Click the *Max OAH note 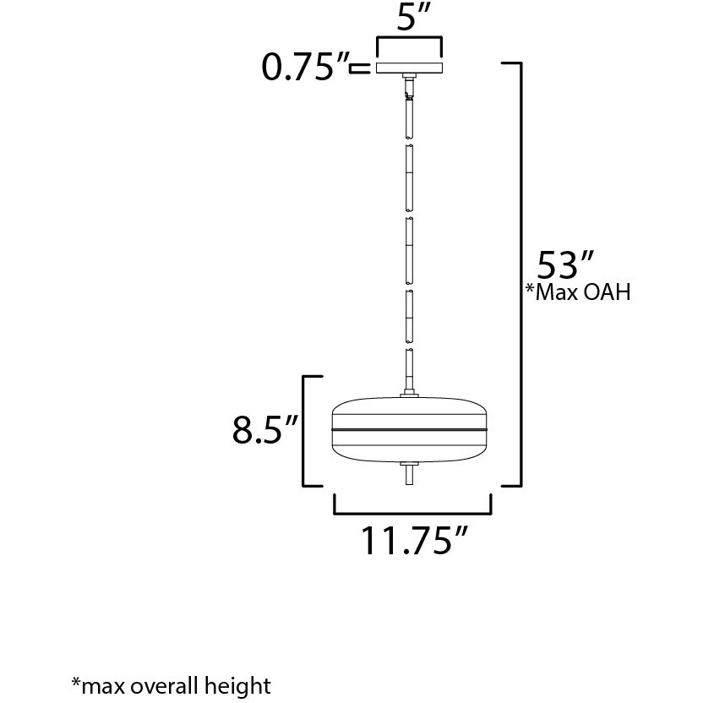point(579,293)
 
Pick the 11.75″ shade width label point(415,542)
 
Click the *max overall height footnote point(171,684)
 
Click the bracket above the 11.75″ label point(413,510)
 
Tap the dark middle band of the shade point(411,429)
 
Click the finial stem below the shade point(411,474)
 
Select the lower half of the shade point(411,447)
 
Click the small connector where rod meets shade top point(411,392)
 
